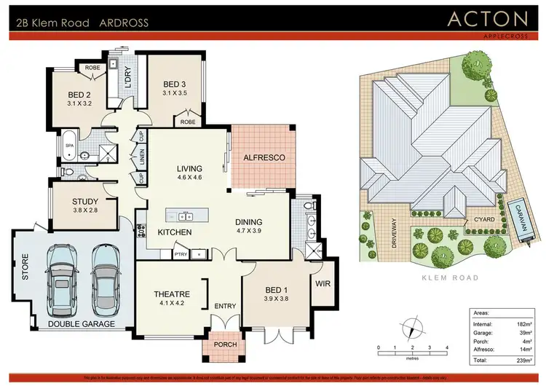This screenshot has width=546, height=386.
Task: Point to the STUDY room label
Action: coord(84,202)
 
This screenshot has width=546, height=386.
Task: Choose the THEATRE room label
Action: coord(172,294)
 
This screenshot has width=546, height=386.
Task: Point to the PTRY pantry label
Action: coord(181,253)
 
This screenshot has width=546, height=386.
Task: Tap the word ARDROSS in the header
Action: coord(124,23)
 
